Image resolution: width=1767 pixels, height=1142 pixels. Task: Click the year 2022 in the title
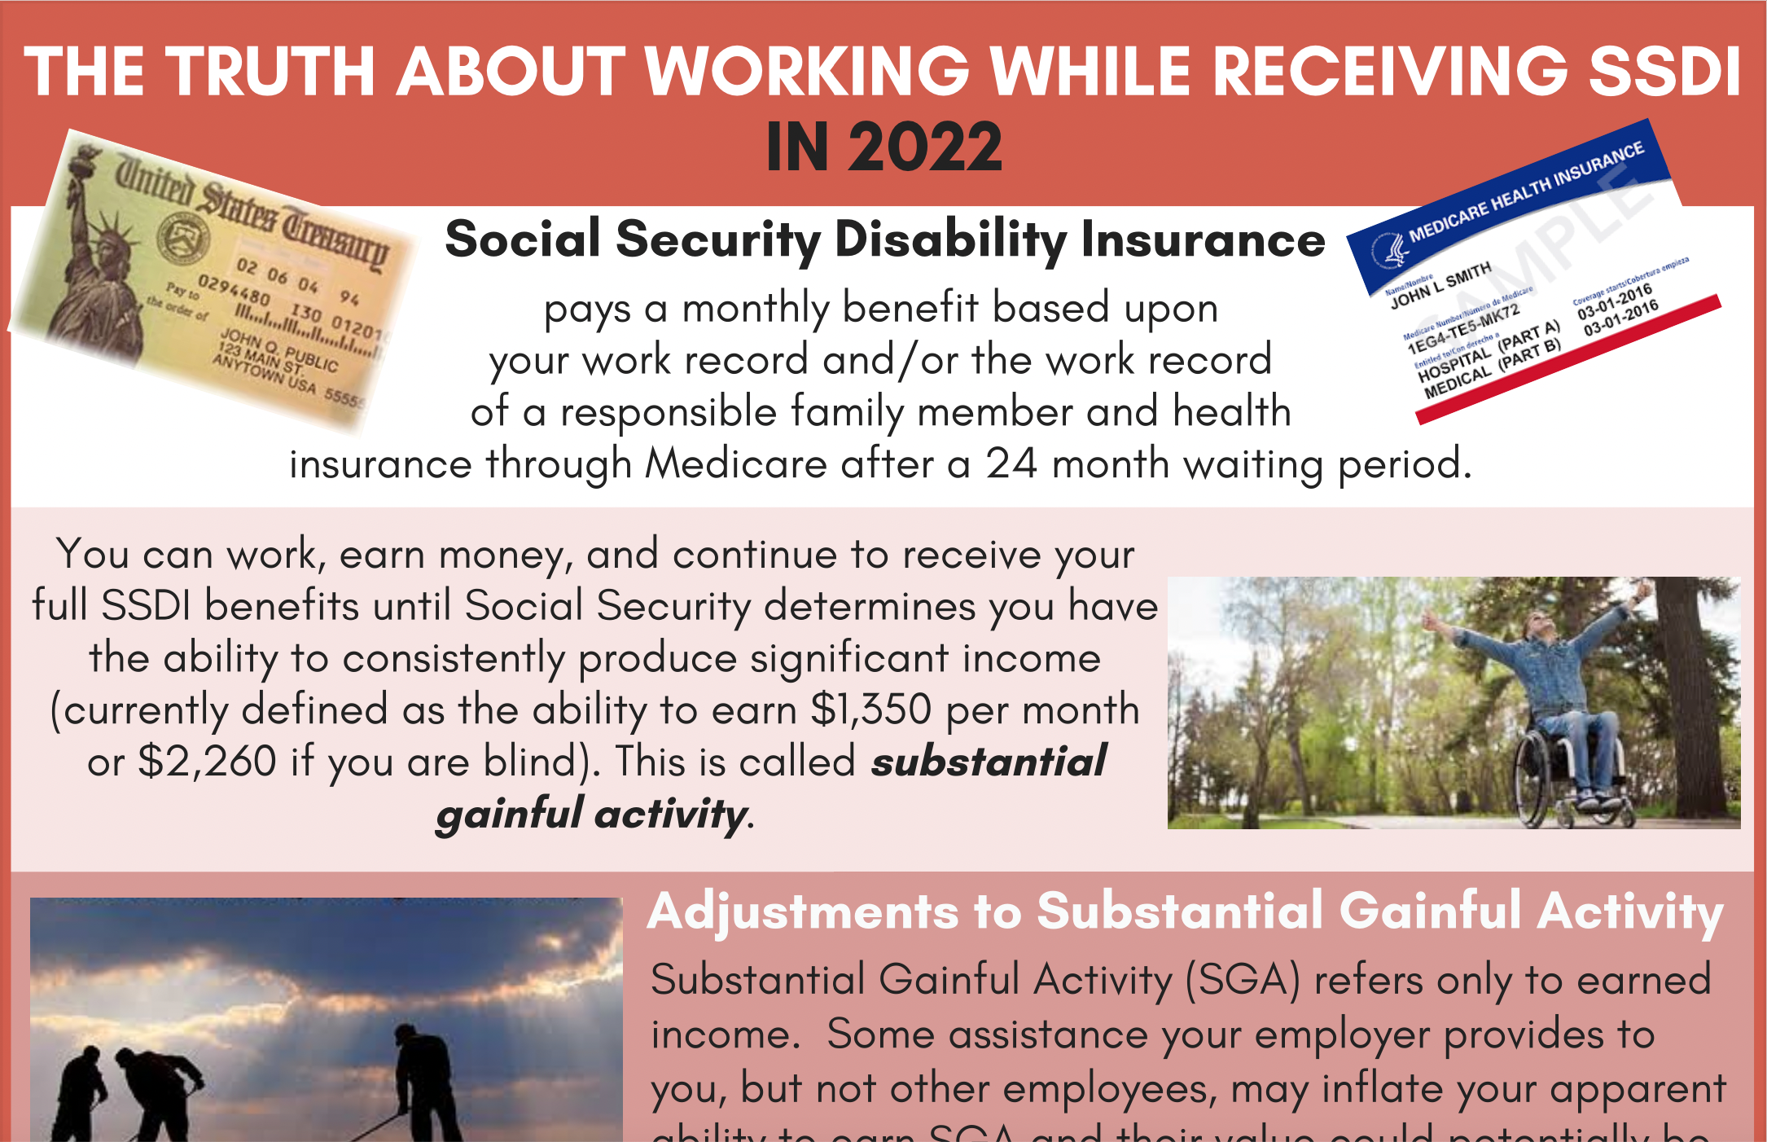(x=924, y=147)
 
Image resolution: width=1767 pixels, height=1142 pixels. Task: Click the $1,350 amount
(x=870, y=709)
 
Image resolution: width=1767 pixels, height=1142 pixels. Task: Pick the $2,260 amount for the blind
(x=207, y=762)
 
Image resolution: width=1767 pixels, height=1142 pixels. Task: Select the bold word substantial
(x=988, y=762)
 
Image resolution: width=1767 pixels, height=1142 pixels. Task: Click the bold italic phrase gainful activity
(x=591, y=814)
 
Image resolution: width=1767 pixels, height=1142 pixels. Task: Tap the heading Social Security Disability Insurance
(x=884, y=239)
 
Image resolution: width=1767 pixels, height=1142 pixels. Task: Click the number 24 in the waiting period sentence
(x=1011, y=464)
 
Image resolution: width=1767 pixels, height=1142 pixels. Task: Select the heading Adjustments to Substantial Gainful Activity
(x=1185, y=911)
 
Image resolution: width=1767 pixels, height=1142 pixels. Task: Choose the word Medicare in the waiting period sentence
(x=736, y=464)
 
